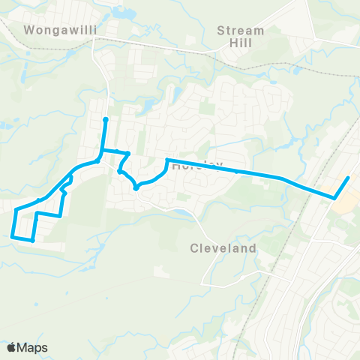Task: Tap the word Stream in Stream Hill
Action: (x=240, y=31)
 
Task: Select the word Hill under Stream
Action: (x=240, y=43)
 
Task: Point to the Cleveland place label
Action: (x=223, y=247)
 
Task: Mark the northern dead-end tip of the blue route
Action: (x=105, y=119)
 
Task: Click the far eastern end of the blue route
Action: (x=348, y=178)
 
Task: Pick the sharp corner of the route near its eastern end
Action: (x=334, y=197)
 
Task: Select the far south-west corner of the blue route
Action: (x=13, y=237)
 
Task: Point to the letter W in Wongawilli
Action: (x=29, y=31)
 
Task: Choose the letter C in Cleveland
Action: (x=193, y=247)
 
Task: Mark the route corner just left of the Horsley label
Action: (x=166, y=160)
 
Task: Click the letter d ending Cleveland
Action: (x=253, y=247)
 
